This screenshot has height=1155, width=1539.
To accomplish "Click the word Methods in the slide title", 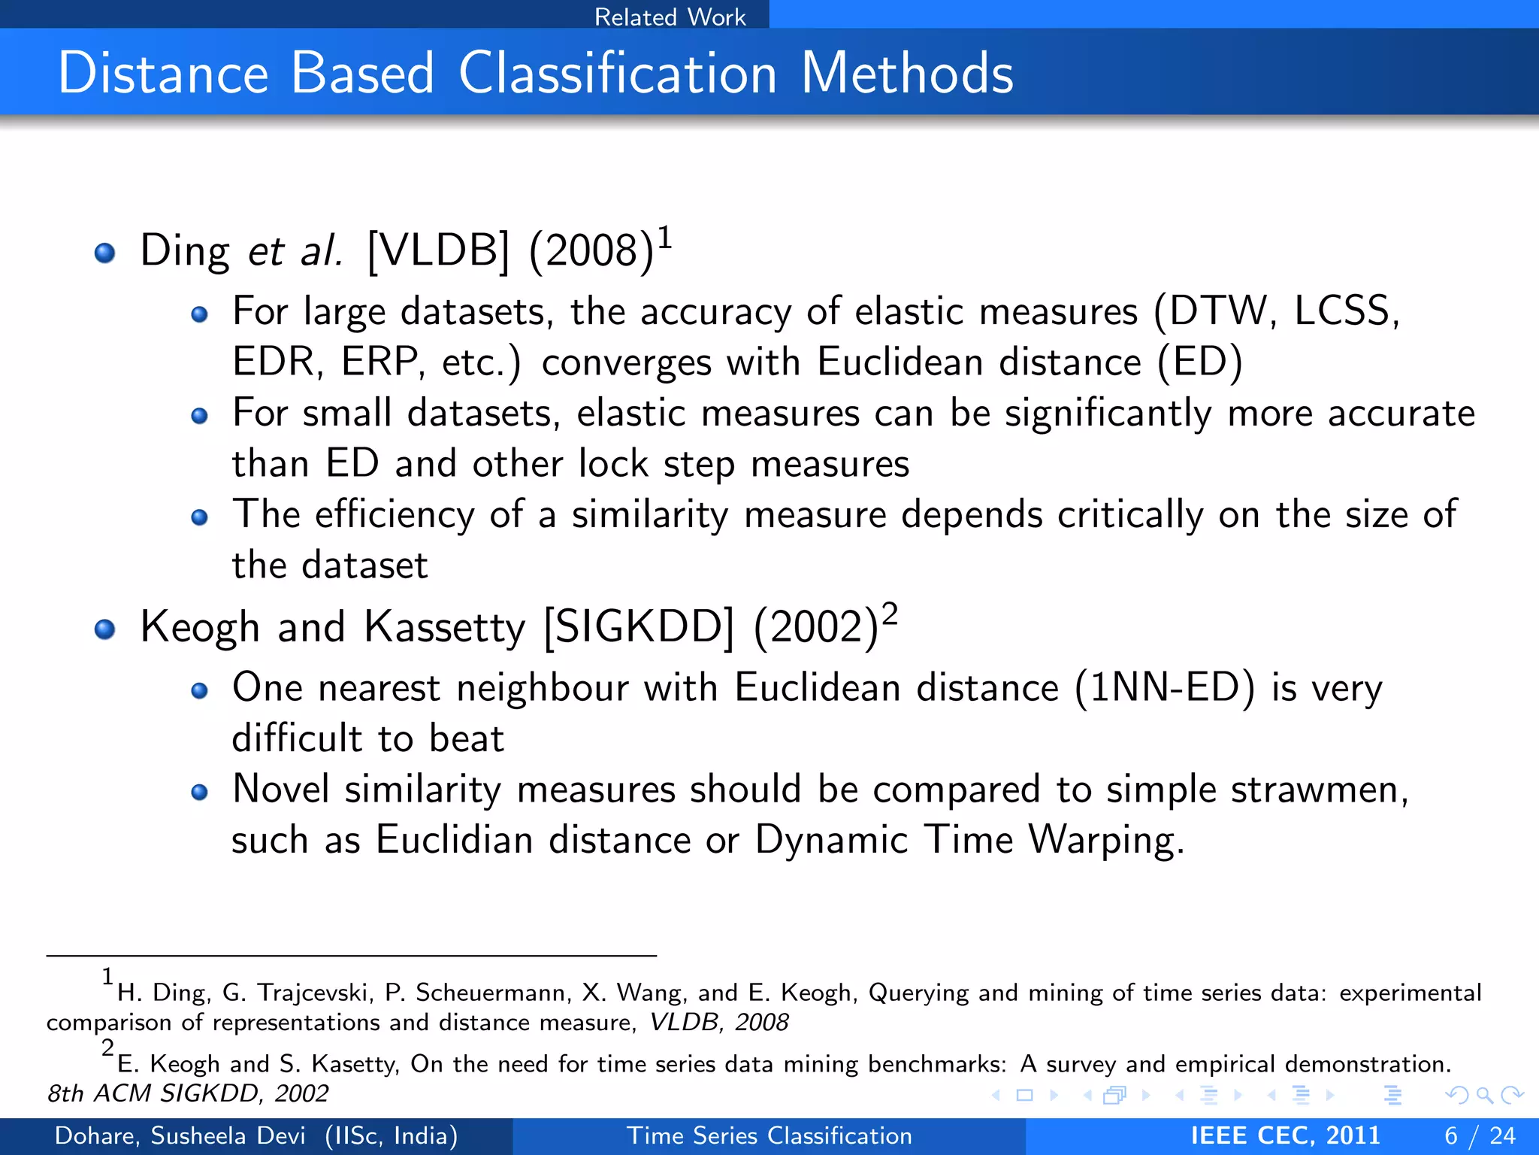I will [907, 73].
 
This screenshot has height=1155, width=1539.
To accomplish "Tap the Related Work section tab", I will [670, 17].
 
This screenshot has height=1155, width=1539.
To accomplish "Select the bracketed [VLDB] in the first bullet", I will [438, 250].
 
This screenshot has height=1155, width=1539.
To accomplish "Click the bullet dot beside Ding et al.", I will [105, 253].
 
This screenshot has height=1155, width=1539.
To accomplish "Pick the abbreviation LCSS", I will [1344, 311].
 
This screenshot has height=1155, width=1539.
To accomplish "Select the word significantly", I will [1108, 414].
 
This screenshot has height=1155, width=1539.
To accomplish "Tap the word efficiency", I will [395, 515].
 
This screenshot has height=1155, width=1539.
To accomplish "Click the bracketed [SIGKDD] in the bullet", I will [639, 627].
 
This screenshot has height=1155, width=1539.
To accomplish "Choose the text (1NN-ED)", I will [1164, 688].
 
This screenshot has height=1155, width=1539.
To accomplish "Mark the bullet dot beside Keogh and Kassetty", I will [105, 629].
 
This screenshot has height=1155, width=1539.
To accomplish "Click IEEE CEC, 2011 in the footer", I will [1285, 1135].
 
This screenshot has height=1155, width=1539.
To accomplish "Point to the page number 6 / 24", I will [1480, 1135].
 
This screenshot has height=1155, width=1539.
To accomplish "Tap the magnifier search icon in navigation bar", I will [1484, 1096].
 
